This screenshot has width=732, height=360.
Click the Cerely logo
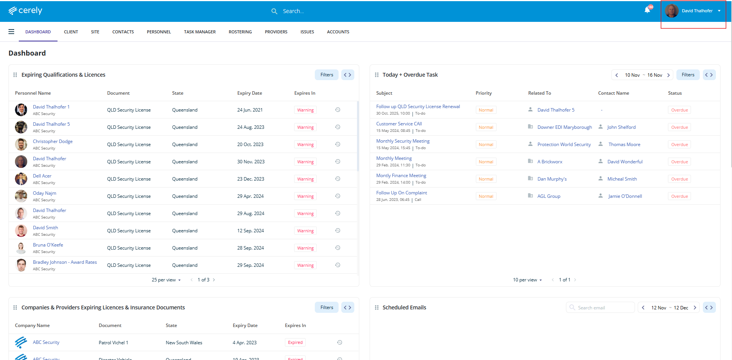25,11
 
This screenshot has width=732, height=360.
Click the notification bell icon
647,10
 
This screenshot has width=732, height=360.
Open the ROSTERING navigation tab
240,32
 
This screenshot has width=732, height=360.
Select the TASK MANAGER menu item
200,32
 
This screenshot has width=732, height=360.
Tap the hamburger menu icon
12,32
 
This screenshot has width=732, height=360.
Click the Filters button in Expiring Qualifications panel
327,75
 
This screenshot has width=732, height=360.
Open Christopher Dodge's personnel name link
53,141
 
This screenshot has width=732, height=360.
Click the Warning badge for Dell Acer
305,179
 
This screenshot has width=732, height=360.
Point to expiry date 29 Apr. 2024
250,196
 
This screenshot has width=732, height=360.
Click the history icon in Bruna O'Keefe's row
338,248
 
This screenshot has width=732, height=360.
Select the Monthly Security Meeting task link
403,141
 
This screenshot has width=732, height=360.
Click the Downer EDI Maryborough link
564,127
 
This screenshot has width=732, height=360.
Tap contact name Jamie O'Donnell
625,196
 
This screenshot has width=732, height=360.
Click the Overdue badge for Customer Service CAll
679,127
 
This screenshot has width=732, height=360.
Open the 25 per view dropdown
166,280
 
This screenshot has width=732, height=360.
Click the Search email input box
604,307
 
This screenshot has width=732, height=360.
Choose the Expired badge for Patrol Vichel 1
295,342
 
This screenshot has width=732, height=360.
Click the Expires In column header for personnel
305,93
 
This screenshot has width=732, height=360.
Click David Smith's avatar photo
21,230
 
